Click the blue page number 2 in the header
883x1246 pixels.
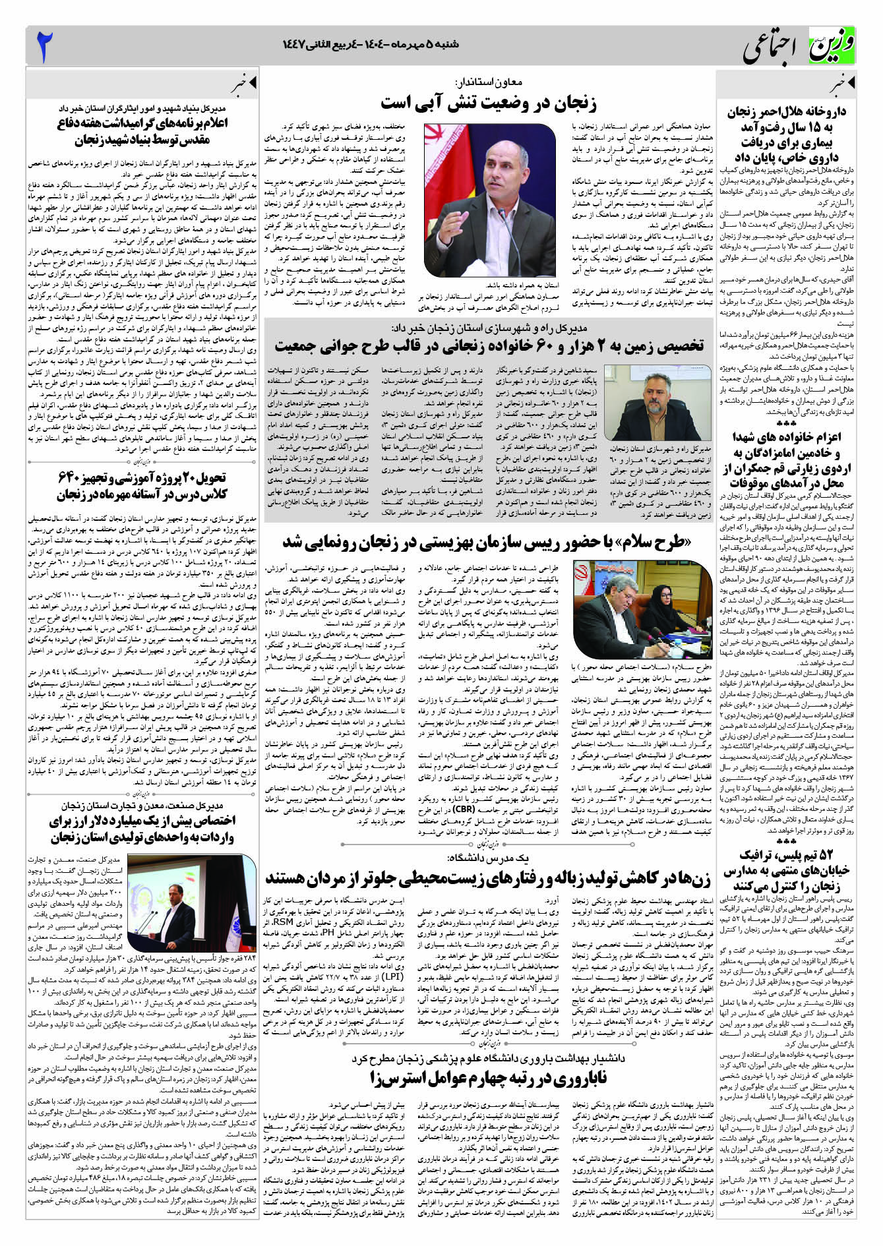44,47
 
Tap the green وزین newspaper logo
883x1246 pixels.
832,47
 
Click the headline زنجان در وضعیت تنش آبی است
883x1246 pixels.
488,104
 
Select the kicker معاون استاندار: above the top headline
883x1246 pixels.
488,83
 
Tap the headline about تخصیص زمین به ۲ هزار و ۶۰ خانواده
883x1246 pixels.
489,345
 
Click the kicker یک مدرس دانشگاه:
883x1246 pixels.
488,858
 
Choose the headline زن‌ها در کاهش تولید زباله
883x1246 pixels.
488,878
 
